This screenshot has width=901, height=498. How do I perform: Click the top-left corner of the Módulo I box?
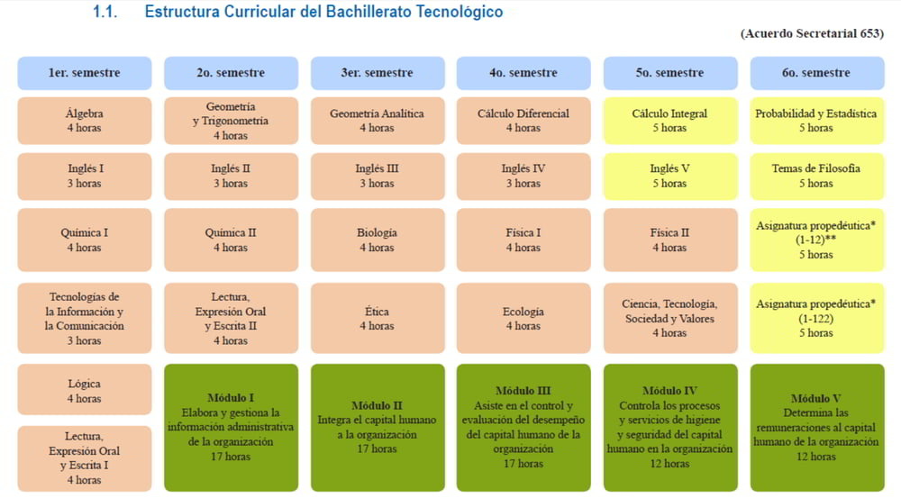point(164,364)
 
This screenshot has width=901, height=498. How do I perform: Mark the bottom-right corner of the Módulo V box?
point(885,492)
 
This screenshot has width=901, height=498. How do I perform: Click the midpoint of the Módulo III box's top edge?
point(523,364)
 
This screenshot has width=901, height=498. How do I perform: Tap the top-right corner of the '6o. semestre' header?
point(885,57)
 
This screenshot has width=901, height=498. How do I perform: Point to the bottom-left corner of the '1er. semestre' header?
point(18,90)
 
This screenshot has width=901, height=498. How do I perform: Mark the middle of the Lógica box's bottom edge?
point(85,415)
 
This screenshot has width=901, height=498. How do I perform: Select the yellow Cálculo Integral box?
point(670,121)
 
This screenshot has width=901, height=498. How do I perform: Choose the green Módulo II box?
point(378,428)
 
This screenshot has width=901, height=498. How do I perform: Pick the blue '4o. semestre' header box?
point(523,73)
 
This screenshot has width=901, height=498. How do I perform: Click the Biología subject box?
point(378,240)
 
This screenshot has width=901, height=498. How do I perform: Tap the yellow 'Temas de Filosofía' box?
point(817,177)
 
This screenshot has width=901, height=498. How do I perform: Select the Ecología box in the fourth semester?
point(523,318)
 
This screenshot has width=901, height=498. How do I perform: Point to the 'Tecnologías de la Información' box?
point(85,318)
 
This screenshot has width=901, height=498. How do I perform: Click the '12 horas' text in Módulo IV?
point(670,464)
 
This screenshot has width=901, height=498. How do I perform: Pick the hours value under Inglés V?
point(670,183)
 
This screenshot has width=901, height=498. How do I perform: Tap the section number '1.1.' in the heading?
point(105,12)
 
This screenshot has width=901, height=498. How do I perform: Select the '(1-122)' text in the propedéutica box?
point(816,318)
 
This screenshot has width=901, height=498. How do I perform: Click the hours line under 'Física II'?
point(670,248)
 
